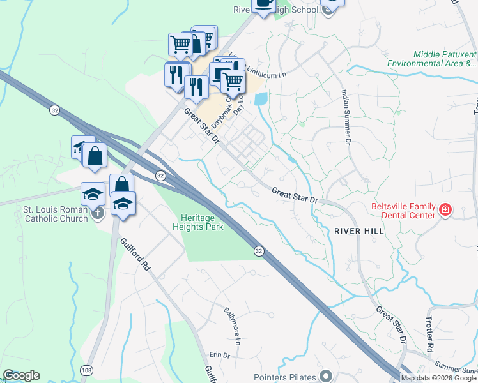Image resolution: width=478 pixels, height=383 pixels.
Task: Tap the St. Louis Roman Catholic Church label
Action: [47, 213]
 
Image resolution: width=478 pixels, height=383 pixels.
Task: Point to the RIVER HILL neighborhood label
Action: [358, 230]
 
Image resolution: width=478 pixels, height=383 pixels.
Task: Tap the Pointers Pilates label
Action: [284, 377]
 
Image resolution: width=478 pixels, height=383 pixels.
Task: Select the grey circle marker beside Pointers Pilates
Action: [325, 376]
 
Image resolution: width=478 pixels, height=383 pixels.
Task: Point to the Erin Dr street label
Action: [219, 355]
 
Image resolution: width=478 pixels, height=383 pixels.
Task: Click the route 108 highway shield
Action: [87, 370]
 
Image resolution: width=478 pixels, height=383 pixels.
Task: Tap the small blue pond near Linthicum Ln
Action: [261, 99]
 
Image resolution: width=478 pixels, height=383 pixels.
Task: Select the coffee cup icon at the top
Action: [263, 3]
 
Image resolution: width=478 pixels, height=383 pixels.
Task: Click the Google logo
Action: [21, 375]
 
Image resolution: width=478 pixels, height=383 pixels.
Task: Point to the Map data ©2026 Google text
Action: [438, 378]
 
